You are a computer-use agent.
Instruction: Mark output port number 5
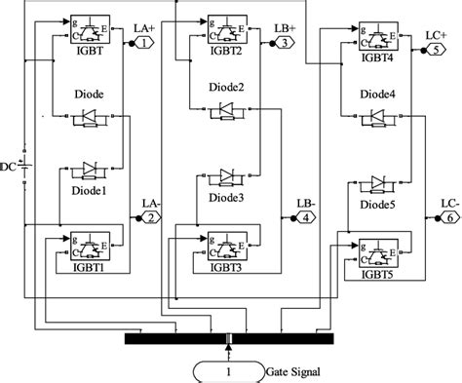(430, 52)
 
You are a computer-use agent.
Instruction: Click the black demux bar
(230, 338)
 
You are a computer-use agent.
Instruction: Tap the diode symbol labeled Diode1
(89, 170)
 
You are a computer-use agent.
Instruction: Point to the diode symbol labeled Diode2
(226, 109)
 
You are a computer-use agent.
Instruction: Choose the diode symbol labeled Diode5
(376, 183)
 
